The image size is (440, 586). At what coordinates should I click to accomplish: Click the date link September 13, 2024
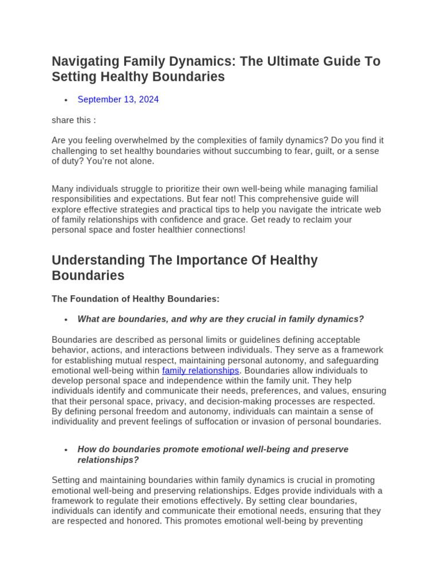tap(118, 100)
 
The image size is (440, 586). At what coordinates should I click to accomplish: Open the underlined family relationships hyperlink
tap(201, 371)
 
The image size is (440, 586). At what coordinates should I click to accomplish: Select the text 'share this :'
tap(74, 120)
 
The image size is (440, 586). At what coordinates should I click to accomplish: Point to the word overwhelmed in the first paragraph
tap(140, 141)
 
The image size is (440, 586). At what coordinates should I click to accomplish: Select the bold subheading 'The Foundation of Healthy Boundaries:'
tap(135, 299)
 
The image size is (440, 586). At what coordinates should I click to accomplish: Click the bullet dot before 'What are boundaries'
tap(66, 319)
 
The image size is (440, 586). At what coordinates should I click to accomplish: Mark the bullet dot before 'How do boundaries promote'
tap(66, 450)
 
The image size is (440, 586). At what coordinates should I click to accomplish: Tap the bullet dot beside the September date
tap(66, 100)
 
